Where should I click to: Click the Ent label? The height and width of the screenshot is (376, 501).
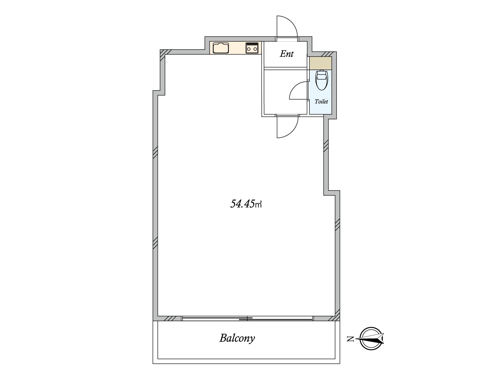pyautogui.click(x=287, y=54)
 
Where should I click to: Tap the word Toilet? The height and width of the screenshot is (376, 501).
pyautogui.click(x=321, y=102)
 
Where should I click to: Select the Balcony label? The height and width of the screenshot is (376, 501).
pyautogui.click(x=237, y=338)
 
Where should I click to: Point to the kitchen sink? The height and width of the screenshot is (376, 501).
pyautogui.click(x=221, y=48)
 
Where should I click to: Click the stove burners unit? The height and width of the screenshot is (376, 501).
pyautogui.click(x=252, y=48)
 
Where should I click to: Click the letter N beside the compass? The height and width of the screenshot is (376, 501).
pyautogui.click(x=350, y=338)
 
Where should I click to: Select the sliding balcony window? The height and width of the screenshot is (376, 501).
pyautogui.click(x=247, y=318)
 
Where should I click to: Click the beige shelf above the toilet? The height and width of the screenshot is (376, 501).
pyautogui.click(x=320, y=63)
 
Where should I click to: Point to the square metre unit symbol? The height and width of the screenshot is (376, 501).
pyautogui.click(x=259, y=205)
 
